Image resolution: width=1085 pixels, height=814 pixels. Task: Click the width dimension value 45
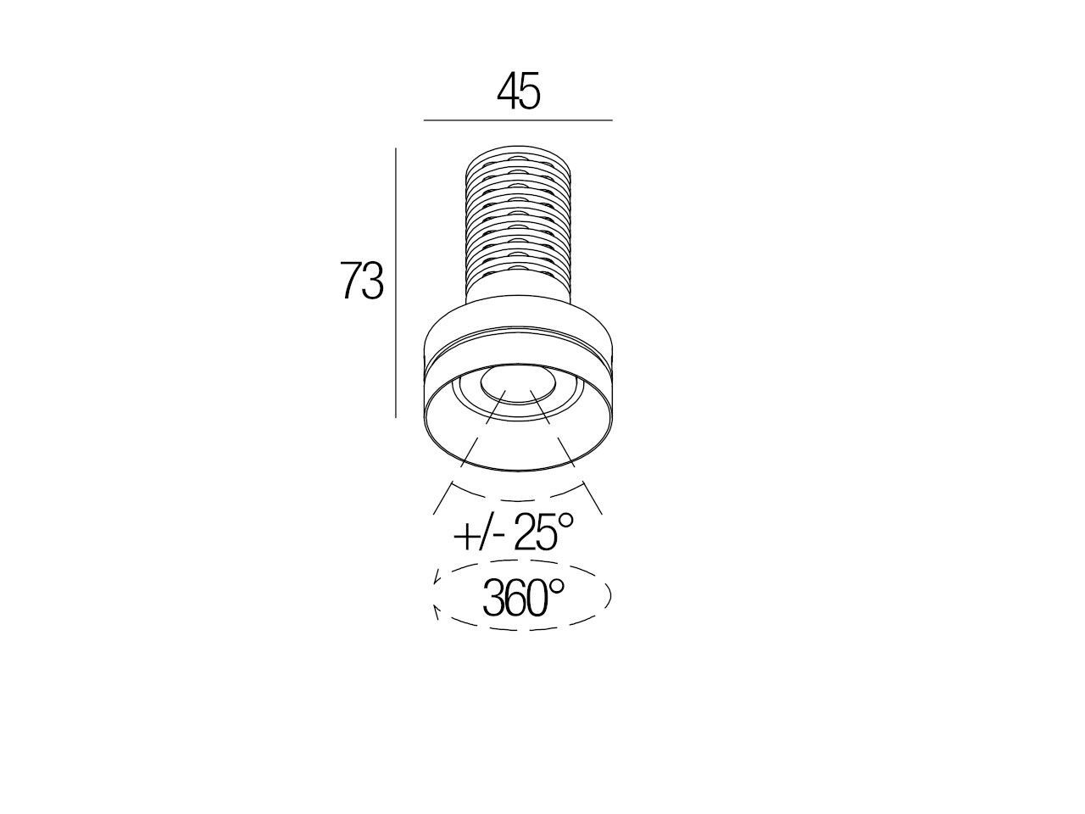pos(519,92)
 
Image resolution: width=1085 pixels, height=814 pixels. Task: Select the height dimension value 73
pos(362,280)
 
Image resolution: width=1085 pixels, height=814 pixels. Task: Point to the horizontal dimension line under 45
pos(518,120)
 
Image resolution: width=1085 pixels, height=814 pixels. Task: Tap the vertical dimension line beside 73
pos(396,282)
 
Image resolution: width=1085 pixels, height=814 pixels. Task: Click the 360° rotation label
pos(523,598)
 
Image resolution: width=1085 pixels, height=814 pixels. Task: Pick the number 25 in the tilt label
pos(536,532)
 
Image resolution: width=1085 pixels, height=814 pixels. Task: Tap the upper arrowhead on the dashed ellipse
pos(437,577)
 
